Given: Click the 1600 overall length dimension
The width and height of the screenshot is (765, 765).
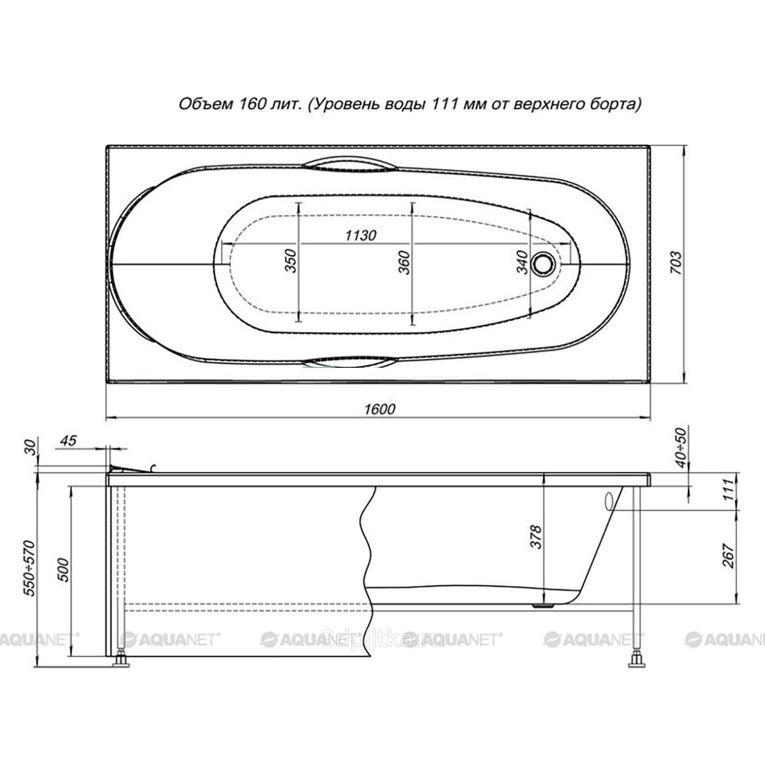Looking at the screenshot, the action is point(380,409).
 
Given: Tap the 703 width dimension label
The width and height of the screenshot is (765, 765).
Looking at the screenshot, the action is point(676,263).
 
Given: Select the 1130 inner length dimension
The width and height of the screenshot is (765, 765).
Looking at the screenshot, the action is point(360,235).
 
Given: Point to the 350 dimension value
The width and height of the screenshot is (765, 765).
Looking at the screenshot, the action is point(291,261).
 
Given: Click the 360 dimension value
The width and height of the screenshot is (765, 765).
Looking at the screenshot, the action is point(404,263).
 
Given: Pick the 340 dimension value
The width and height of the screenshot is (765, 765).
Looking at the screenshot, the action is point(522,263).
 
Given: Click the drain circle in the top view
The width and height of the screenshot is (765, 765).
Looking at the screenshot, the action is point(543,263).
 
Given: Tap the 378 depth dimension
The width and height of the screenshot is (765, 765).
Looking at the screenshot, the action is point(536,537).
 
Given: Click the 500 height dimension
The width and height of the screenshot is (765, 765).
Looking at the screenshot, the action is point(64,570).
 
